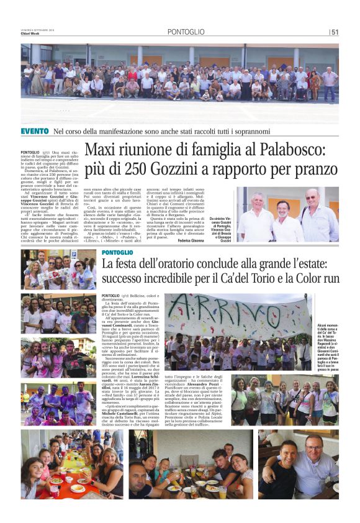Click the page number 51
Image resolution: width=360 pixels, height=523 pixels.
pyautogui.click(x=334, y=32)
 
